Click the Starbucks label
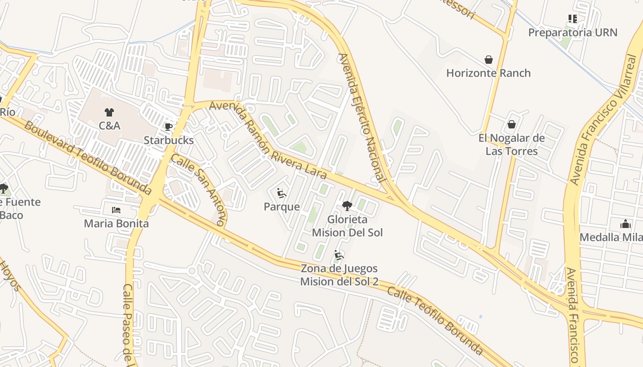pyautogui.click(x=169, y=140)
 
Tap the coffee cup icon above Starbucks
pyautogui.click(x=169, y=126)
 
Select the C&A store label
pyautogui.click(x=109, y=125)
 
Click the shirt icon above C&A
pyautogui.click(x=109, y=112)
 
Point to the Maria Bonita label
pyautogui.click(x=116, y=223)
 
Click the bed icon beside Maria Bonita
pyautogui.click(x=116, y=210)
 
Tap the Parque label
pyautogui.click(x=282, y=206)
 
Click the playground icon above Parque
pyautogui.click(x=282, y=193)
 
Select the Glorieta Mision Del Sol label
pyautogui.click(x=347, y=226)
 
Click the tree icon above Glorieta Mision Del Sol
pyautogui.click(x=347, y=206)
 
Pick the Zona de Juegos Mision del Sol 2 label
pyautogui.click(x=339, y=275)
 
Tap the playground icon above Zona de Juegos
pyautogui.click(x=339, y=255)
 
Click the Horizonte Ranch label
pyautogui.click(x=488, y=73)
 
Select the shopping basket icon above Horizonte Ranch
pyautogui.click(x=489, y=60)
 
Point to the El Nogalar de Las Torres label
pyautogui.click(x=512, y=145)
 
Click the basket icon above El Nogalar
pyautogui.click(x=511, y=124)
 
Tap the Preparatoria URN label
pyautogui.click(x=572, y=33)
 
